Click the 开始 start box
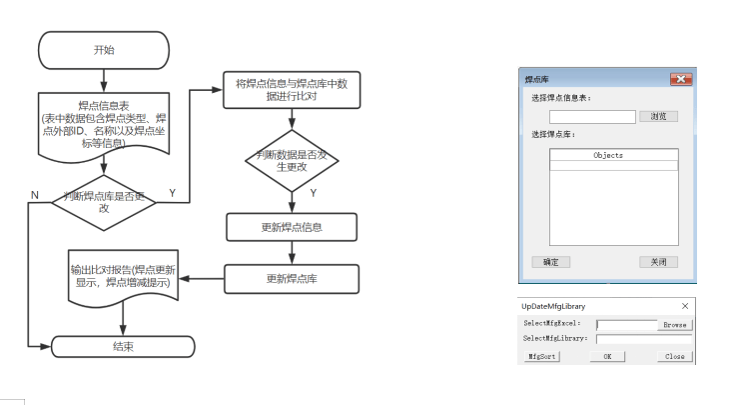102,49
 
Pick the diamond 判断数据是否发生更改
290,160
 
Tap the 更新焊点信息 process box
290,226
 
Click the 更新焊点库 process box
290,277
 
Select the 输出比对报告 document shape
122,276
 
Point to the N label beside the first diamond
34,194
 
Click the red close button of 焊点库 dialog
680,78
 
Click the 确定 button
550,262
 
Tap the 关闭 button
658,262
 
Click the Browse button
675,324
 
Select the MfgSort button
541,356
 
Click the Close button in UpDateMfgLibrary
675,356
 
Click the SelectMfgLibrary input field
643,339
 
